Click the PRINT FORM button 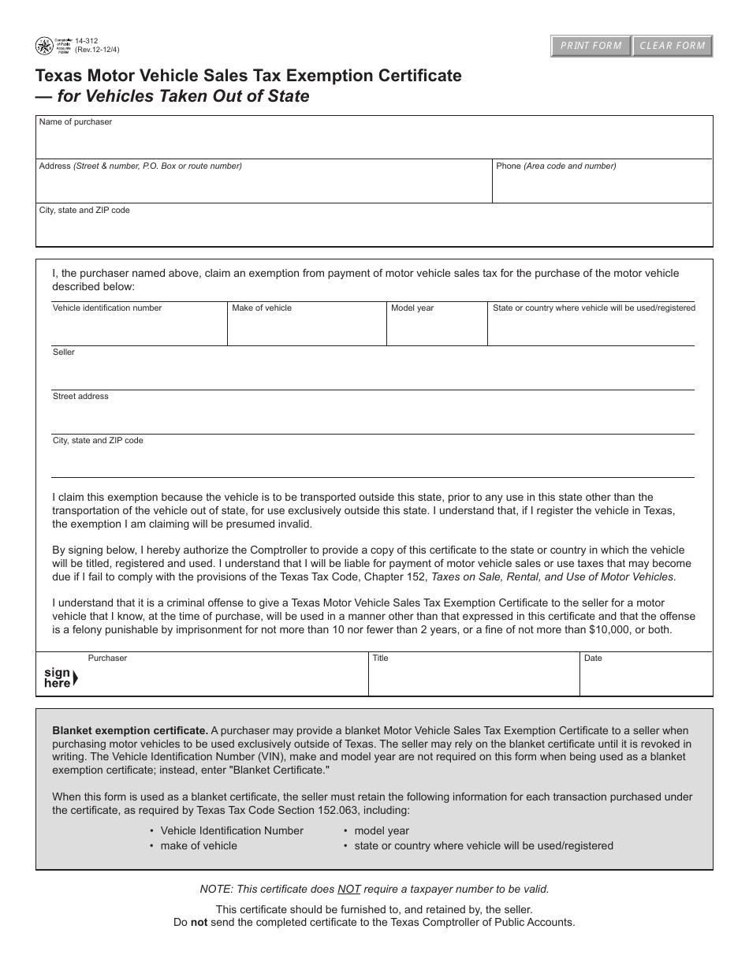591,46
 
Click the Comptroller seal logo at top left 44,46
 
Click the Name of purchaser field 374,142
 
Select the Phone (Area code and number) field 602,187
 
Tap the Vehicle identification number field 140,330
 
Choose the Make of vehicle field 307,330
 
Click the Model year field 436,330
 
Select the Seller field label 64,352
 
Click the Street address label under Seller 80,396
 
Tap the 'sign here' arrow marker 60,678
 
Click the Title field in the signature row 473,678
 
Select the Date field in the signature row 646,678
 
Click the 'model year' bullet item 382,830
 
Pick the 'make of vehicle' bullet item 199,845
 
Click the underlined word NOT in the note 349,889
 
